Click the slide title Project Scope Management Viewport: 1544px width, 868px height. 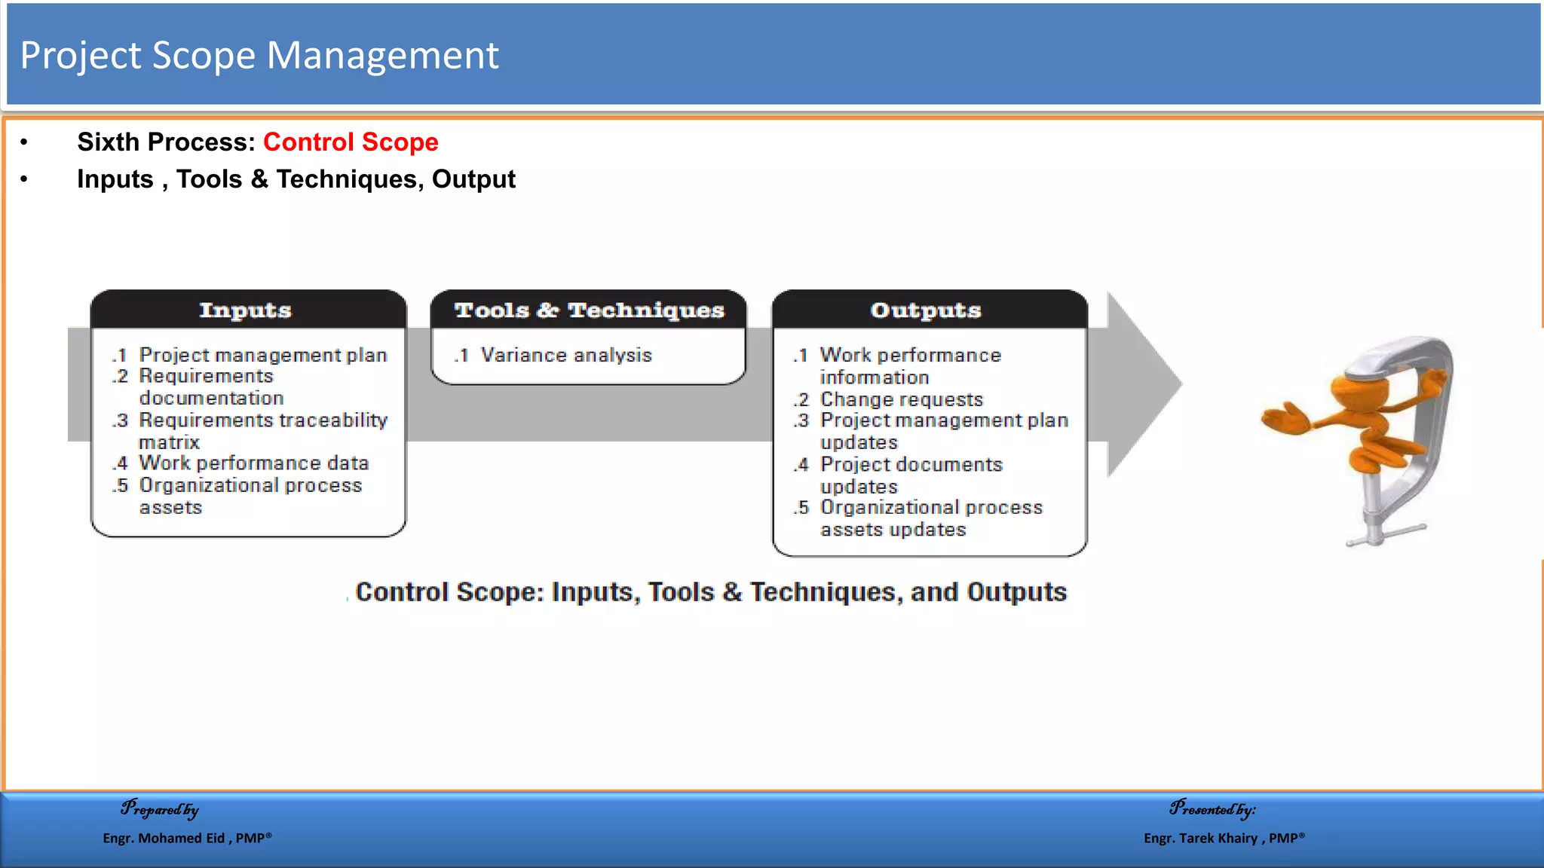pos(259,56)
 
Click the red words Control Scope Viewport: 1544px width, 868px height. pos(351,142)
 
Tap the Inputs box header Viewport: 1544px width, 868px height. pos(246,310)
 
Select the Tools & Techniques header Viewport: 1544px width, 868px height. pos(589,310)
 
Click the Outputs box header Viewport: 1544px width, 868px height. pos(927,310)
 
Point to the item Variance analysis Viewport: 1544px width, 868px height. pos(565,355)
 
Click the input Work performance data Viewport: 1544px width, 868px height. pos(253,463)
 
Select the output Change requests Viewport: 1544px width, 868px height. pos(901,399)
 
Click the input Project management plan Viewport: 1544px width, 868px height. pos(262,355)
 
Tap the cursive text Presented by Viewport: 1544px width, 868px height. pos(1212,809)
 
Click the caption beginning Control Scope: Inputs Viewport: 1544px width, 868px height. pos(710,592)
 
